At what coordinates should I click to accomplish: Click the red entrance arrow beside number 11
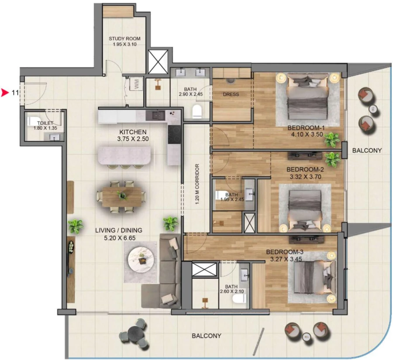[x=5, y=93]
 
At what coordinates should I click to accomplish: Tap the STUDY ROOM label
[x=124, y=38]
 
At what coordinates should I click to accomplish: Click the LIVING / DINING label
[x=119, y=230]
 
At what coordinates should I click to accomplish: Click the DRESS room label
[x=231, y=94]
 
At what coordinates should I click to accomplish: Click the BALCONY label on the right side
[x=367, y=150]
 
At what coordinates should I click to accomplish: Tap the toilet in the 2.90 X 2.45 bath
[x=197, y=111]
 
